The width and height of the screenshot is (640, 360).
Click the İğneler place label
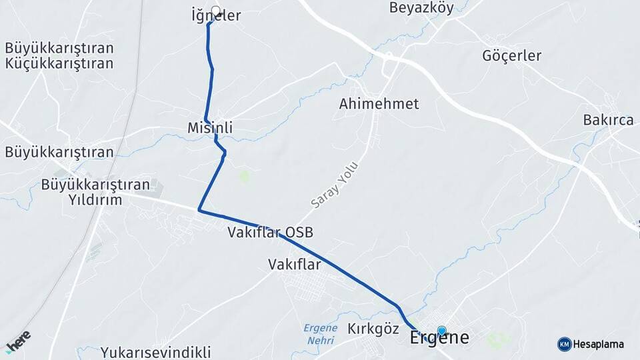[215, 16]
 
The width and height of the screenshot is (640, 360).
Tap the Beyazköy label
[421, 8]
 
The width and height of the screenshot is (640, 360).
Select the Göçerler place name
[512, 55]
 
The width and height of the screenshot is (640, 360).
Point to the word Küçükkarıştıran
[59, 64]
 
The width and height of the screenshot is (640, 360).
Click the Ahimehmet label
[379, 104]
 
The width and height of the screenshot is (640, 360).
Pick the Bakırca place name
[608, 120]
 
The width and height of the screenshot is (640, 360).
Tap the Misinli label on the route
[210, 127]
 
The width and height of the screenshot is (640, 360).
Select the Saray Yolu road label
[335, 184]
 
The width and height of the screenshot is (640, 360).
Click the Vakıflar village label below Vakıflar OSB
[294, 264]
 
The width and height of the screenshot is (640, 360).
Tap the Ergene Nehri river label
[320, 333]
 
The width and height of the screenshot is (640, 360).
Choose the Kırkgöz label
[373, 329]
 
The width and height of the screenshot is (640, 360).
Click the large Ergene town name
[439, 337]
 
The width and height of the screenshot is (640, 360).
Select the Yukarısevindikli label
[156, 352]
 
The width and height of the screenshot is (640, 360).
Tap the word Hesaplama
[599, 344]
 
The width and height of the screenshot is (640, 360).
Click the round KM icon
[564, 344]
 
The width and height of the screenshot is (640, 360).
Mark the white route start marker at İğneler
[215, 11]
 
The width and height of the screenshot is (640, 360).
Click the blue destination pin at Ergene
[441, 330]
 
